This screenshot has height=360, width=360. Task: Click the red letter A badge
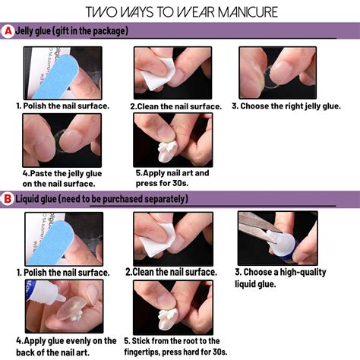click(8, 31)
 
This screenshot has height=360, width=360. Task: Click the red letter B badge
click(8, 199)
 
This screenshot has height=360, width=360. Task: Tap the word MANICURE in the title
click(248, 12)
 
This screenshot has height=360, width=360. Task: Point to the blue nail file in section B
click(51, 243)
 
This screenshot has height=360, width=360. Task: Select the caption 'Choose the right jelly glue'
click(286, 106)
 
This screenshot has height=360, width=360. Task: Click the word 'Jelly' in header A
click(24, 31)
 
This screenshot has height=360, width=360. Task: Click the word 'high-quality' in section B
click(303, 273)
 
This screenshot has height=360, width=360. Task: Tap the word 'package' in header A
click(109, 31)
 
